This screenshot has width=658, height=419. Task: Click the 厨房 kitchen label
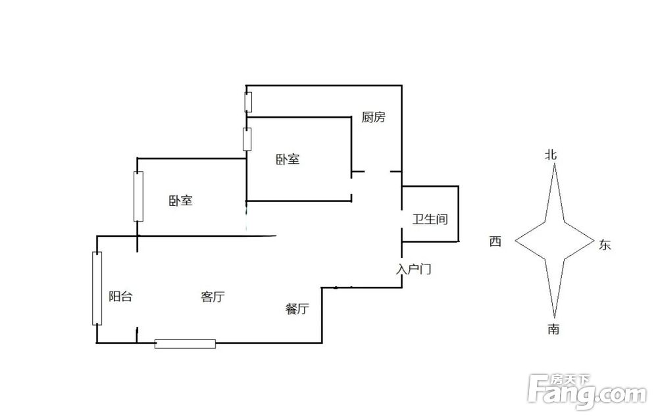pos(373,118)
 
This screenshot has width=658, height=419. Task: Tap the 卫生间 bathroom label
pos(430,219)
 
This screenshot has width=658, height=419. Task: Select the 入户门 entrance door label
pos(414,269)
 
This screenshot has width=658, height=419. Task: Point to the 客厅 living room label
pos(213,297)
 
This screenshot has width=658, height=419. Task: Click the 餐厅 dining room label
pos(297,309)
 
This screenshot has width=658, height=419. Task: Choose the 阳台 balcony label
pos(120,297)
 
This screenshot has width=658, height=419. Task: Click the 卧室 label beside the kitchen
pos(288,159)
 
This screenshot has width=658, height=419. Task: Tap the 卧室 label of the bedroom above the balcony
pos(180,201)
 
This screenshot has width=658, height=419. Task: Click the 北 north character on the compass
pos(551,155)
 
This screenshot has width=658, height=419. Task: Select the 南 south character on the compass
pos(553,329)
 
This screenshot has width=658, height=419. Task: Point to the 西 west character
pos(495,242)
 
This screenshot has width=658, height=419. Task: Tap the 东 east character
pos(605,245)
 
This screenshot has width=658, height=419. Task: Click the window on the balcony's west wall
pos(97,288)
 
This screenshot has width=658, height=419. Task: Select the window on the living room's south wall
pos(185,343)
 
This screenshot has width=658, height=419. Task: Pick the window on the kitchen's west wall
pos(247,103)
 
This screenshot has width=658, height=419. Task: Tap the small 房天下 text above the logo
pos(570,380)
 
